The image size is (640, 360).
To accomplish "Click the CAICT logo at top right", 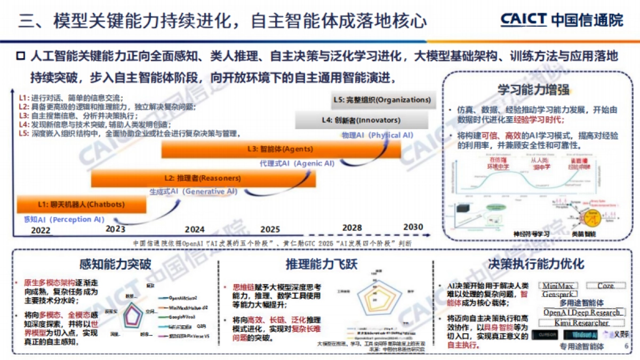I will (562, 20).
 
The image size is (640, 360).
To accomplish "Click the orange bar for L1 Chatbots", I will (81, 204).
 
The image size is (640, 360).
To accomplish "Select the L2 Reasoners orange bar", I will (203, 178).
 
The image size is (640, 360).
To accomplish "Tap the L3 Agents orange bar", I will (281, 149).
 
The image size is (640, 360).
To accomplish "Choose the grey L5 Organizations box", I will (381, 100).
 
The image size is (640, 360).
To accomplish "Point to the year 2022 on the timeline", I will (41, 230).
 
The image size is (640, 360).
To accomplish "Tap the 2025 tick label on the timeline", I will (270, 229).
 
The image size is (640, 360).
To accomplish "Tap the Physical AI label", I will (377, 135).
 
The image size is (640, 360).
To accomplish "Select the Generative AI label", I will (193, 191).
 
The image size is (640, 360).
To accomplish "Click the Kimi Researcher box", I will (581, 323).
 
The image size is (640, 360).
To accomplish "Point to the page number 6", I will (626, 346).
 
